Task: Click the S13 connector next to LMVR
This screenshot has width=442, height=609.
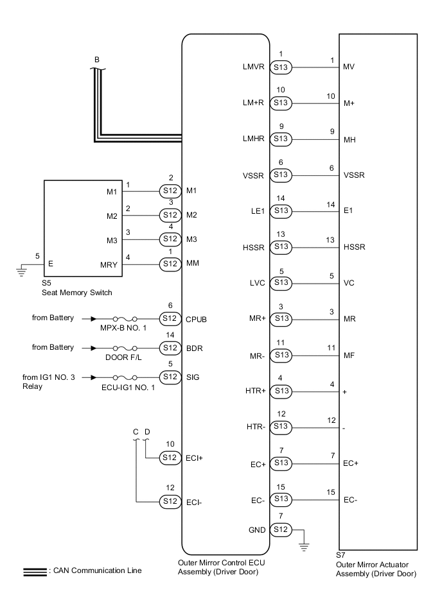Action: [281, 67]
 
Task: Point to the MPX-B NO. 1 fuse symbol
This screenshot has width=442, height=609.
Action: [123, 318]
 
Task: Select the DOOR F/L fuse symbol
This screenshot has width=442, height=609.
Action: [123, 347]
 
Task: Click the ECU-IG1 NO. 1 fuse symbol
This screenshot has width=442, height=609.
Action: [123, 377]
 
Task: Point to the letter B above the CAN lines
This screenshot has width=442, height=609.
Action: [96, 60]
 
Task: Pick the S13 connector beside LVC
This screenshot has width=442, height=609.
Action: [281, 282]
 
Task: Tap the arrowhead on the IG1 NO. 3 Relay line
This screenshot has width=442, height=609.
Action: [94, 377]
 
